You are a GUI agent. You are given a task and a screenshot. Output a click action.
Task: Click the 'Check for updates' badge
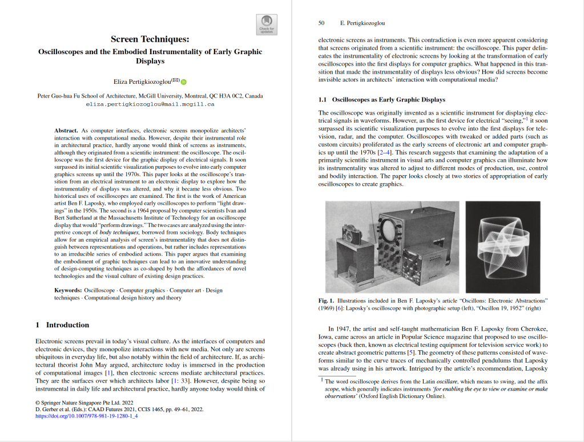click(x=267, y=24)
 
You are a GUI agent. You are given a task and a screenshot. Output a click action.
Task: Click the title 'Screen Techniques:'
click(x=150, y=39)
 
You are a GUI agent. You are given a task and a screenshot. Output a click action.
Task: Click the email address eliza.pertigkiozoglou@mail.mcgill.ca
click(x=150, y=104)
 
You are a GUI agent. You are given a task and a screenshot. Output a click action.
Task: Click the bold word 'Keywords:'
click(x=67, y=290)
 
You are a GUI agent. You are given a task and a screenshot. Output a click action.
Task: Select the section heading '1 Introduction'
click(x=62, y=325)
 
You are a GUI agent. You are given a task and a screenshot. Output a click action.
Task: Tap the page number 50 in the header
click(x=321, y=23)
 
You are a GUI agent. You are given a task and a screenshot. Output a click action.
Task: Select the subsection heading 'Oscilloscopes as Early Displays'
click(x=388, y=100)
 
